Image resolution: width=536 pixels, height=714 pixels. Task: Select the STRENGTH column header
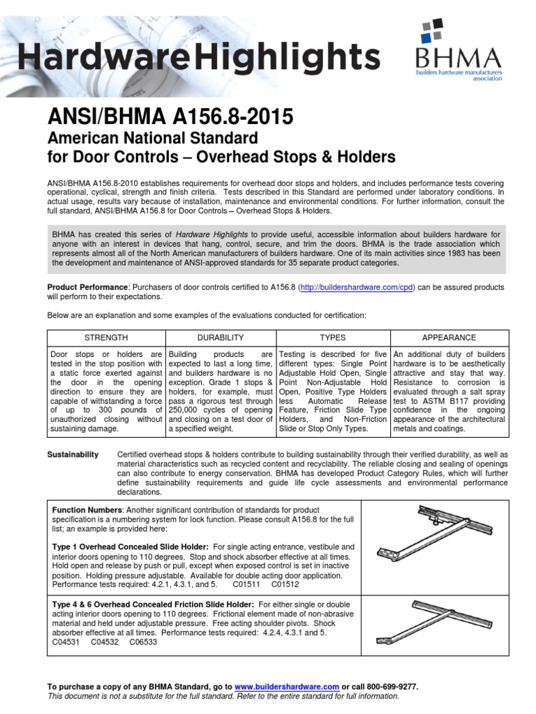click(x=105, y=337)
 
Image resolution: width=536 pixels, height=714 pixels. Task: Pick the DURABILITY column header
click(x=221, y=337)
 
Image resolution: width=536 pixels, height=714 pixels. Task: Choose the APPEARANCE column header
click(x=449, y=337)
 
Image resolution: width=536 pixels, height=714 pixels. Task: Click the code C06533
click(x=143, y=642)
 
